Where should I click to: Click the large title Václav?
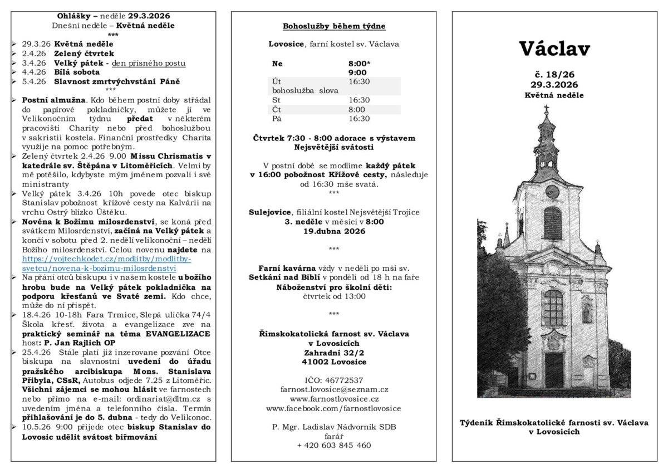554,48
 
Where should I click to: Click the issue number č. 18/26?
554,74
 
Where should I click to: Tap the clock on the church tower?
552,191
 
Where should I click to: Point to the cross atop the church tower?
546,109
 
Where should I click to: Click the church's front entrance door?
554,370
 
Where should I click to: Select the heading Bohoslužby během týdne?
334,26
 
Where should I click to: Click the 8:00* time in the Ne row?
360,64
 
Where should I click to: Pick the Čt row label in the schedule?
277,109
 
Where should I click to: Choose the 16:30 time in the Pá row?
359,119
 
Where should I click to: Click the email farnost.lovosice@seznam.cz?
334,389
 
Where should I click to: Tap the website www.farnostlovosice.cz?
334,399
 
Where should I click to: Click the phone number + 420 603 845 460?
334,445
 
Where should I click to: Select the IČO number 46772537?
334,380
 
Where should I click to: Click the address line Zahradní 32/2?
334,353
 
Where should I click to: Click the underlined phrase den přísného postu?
149,63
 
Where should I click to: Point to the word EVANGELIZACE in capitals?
178,334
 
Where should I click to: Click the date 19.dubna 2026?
334,231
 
